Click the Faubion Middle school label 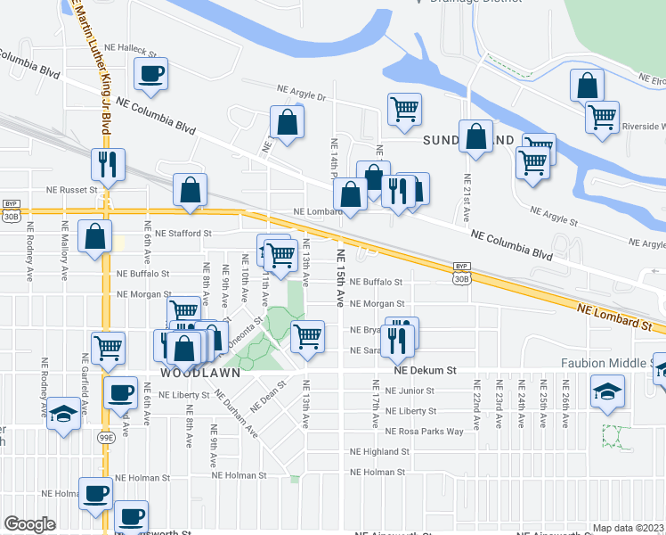tap(605, 364)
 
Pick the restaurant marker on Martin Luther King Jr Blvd tap(107, 165)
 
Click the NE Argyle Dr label tap(303, 90)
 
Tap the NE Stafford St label tap(183, 234)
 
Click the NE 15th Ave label tap(340, 277)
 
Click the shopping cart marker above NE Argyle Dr tap(404, 109)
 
